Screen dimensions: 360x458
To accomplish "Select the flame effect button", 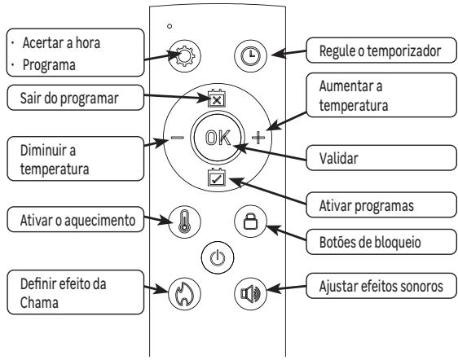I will (180, 291).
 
